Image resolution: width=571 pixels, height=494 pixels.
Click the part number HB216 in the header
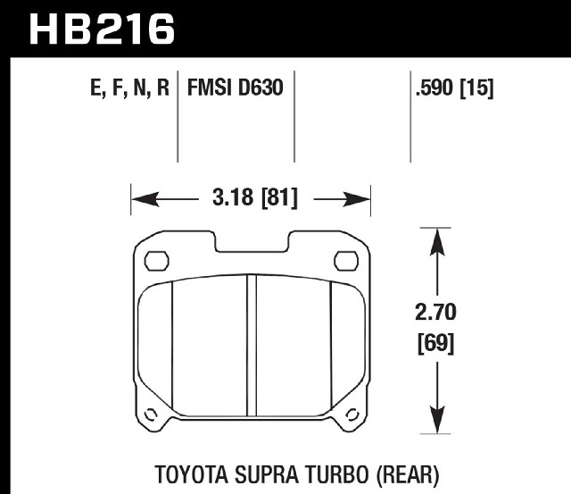coord(102,29)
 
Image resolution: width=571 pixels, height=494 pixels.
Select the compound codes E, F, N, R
coord(129,88)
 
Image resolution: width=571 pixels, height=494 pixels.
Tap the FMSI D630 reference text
coord(235,88)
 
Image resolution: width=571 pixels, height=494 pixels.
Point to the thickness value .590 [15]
coord(454,88)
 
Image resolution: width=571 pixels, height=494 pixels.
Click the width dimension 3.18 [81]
coord(255,198)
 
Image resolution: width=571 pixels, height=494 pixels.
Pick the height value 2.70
coord(435,312)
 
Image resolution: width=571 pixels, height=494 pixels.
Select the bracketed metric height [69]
coord(435,343)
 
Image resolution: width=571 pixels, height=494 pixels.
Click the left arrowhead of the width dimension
coord(145,199)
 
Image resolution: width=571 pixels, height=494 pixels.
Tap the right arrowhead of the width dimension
coord(356,199)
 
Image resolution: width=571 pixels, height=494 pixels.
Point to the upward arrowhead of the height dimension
coord(437,242)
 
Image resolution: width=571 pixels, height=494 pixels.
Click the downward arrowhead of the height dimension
coord(437,419)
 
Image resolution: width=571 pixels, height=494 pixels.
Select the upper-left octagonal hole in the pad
coord(157,261)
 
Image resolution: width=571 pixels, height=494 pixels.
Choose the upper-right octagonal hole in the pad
coord(346,261)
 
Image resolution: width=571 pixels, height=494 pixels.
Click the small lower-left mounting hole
coord(151,414)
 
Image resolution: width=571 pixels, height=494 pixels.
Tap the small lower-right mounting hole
coord(352,414)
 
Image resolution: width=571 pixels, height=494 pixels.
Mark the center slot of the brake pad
coord(252,345)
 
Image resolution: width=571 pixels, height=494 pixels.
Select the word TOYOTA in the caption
coord(192,474)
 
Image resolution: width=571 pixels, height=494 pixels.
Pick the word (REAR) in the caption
coord(407,475)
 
